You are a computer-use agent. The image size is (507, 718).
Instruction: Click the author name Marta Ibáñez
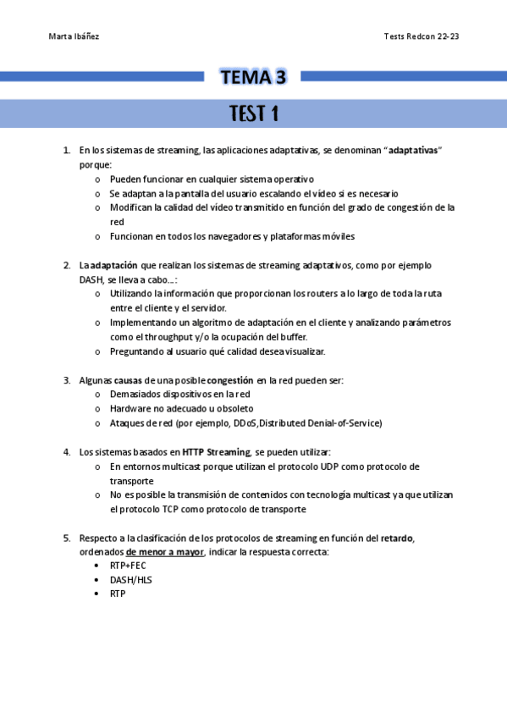click(74, 37)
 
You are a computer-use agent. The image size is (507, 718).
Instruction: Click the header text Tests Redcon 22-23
click(421, 37)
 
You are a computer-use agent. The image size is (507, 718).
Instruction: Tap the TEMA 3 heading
click(253, 78)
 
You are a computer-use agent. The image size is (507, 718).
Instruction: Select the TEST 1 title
click(253, 114)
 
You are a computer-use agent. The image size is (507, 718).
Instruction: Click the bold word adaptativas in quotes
click(413, 151)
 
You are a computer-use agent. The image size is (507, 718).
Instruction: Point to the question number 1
click(66, 151)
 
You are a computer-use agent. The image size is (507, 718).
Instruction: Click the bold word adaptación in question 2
click(114, 265)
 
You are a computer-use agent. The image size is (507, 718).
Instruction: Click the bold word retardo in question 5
click(396, 538)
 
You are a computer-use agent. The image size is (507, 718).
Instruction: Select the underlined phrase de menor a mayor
click(165, 553)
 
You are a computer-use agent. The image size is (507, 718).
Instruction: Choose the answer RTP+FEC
click(128, 566)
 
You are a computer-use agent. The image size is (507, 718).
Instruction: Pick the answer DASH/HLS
click(130, 580)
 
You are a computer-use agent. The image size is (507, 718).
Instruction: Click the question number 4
click(66, 452)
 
